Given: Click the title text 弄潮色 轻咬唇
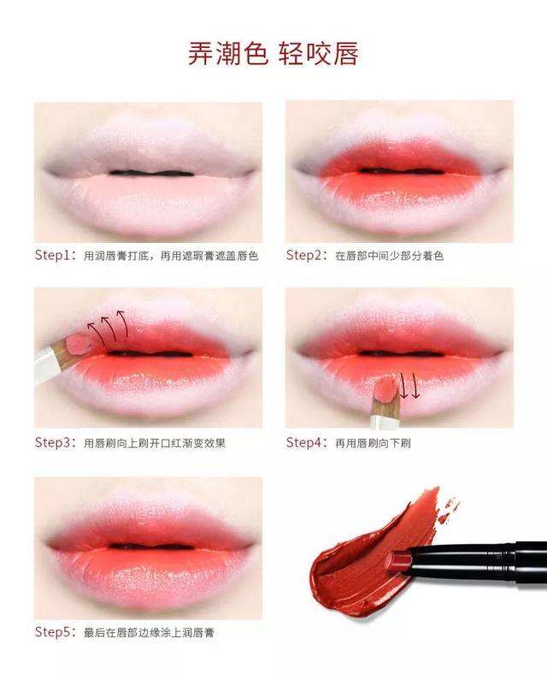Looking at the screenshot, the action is coord(273,54).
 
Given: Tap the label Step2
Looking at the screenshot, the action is coord(304,255).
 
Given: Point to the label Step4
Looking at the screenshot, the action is coord(304,442).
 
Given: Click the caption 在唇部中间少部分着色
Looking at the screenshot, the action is coord(390,256).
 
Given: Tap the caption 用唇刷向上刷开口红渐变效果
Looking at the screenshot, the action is coord(155,443).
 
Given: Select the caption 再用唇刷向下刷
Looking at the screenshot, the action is coord(373,443).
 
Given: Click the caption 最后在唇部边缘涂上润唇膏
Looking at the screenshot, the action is coord(149,633).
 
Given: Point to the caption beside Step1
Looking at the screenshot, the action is coord(171,256).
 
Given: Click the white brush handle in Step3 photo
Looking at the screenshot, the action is coord(47,365).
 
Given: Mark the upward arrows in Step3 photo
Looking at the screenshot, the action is coord(108,328).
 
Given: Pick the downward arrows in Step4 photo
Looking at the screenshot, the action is coord(409,386).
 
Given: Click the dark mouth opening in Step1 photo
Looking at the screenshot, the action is coord(151,174).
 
